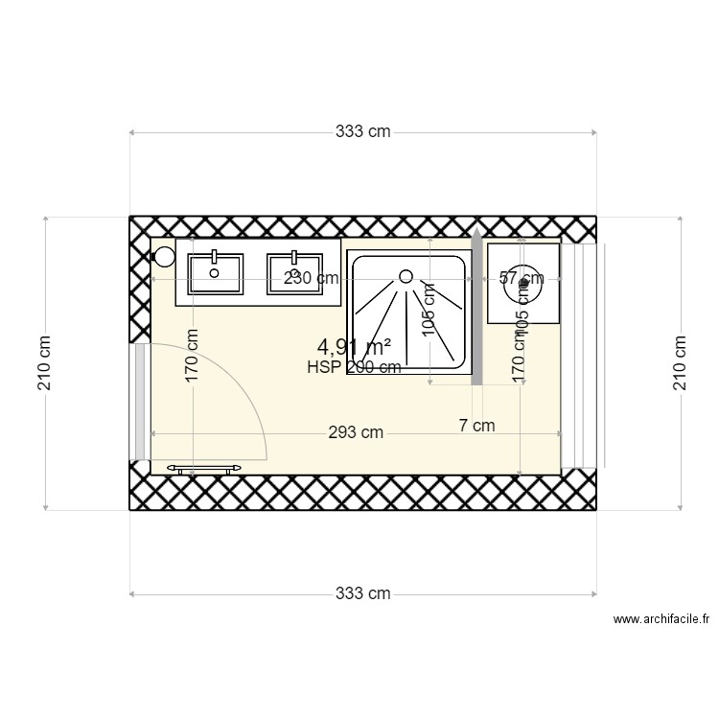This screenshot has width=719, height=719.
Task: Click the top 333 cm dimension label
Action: pyautogui.click(x=362, y=132)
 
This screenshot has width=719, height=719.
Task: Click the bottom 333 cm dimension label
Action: pyautogui.click(x=362, y=593)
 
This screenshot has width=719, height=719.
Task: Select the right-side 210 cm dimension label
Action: pyautogui.click(x=681, y=363)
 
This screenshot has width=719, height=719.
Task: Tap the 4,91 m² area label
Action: pyautogui.click(x=354, y=347)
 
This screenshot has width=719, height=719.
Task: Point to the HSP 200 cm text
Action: pyautogui.click(x=354, y=367)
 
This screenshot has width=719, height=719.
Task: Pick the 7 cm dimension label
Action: pyautogui.click(x=476, y=426)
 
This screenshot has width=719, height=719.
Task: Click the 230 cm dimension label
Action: pyautogui.click(x=312, y=279)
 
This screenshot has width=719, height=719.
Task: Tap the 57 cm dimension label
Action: pyautogui.click(x=522, y=279)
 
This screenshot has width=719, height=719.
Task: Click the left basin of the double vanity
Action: pyautogui.click(x=216, y=273)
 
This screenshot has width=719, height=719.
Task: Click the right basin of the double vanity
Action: pyautogui.click(x=293, y=273)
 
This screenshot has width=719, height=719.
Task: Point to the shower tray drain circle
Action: pyautogui.click(x=406, y=276)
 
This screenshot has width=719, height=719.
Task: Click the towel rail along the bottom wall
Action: pyautogui.click(x=205, y=469)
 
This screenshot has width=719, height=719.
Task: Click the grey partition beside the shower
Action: pyautogui.click(x=475, y=312)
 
